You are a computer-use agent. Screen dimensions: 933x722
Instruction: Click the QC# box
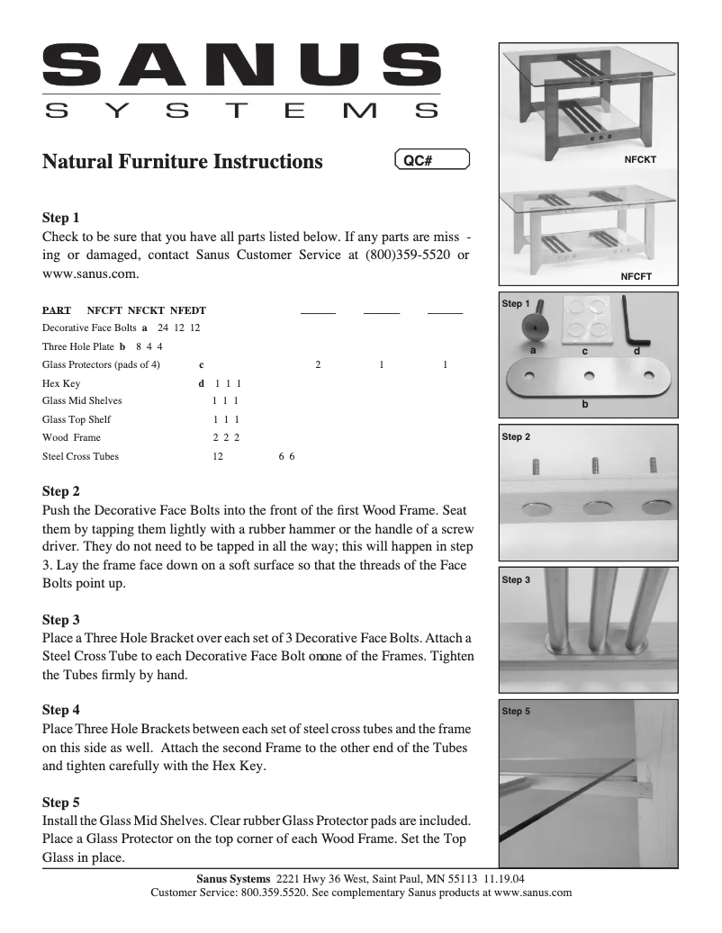coord(432,161)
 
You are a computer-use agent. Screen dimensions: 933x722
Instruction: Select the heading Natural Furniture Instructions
coord(183,162)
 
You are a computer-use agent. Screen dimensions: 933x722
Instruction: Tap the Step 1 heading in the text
coord(61,218)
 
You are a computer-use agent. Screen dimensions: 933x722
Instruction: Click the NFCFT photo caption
coord(636,276)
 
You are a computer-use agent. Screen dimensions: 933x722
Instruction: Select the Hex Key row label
coord(61,382)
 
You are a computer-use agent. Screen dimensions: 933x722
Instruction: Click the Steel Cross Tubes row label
coord(80,456)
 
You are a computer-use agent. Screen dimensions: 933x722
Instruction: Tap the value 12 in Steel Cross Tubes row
coord(218,456)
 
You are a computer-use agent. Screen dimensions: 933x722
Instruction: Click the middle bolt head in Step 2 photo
coord(594,508)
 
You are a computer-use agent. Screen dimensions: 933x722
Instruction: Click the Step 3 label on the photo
coord(516,580)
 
